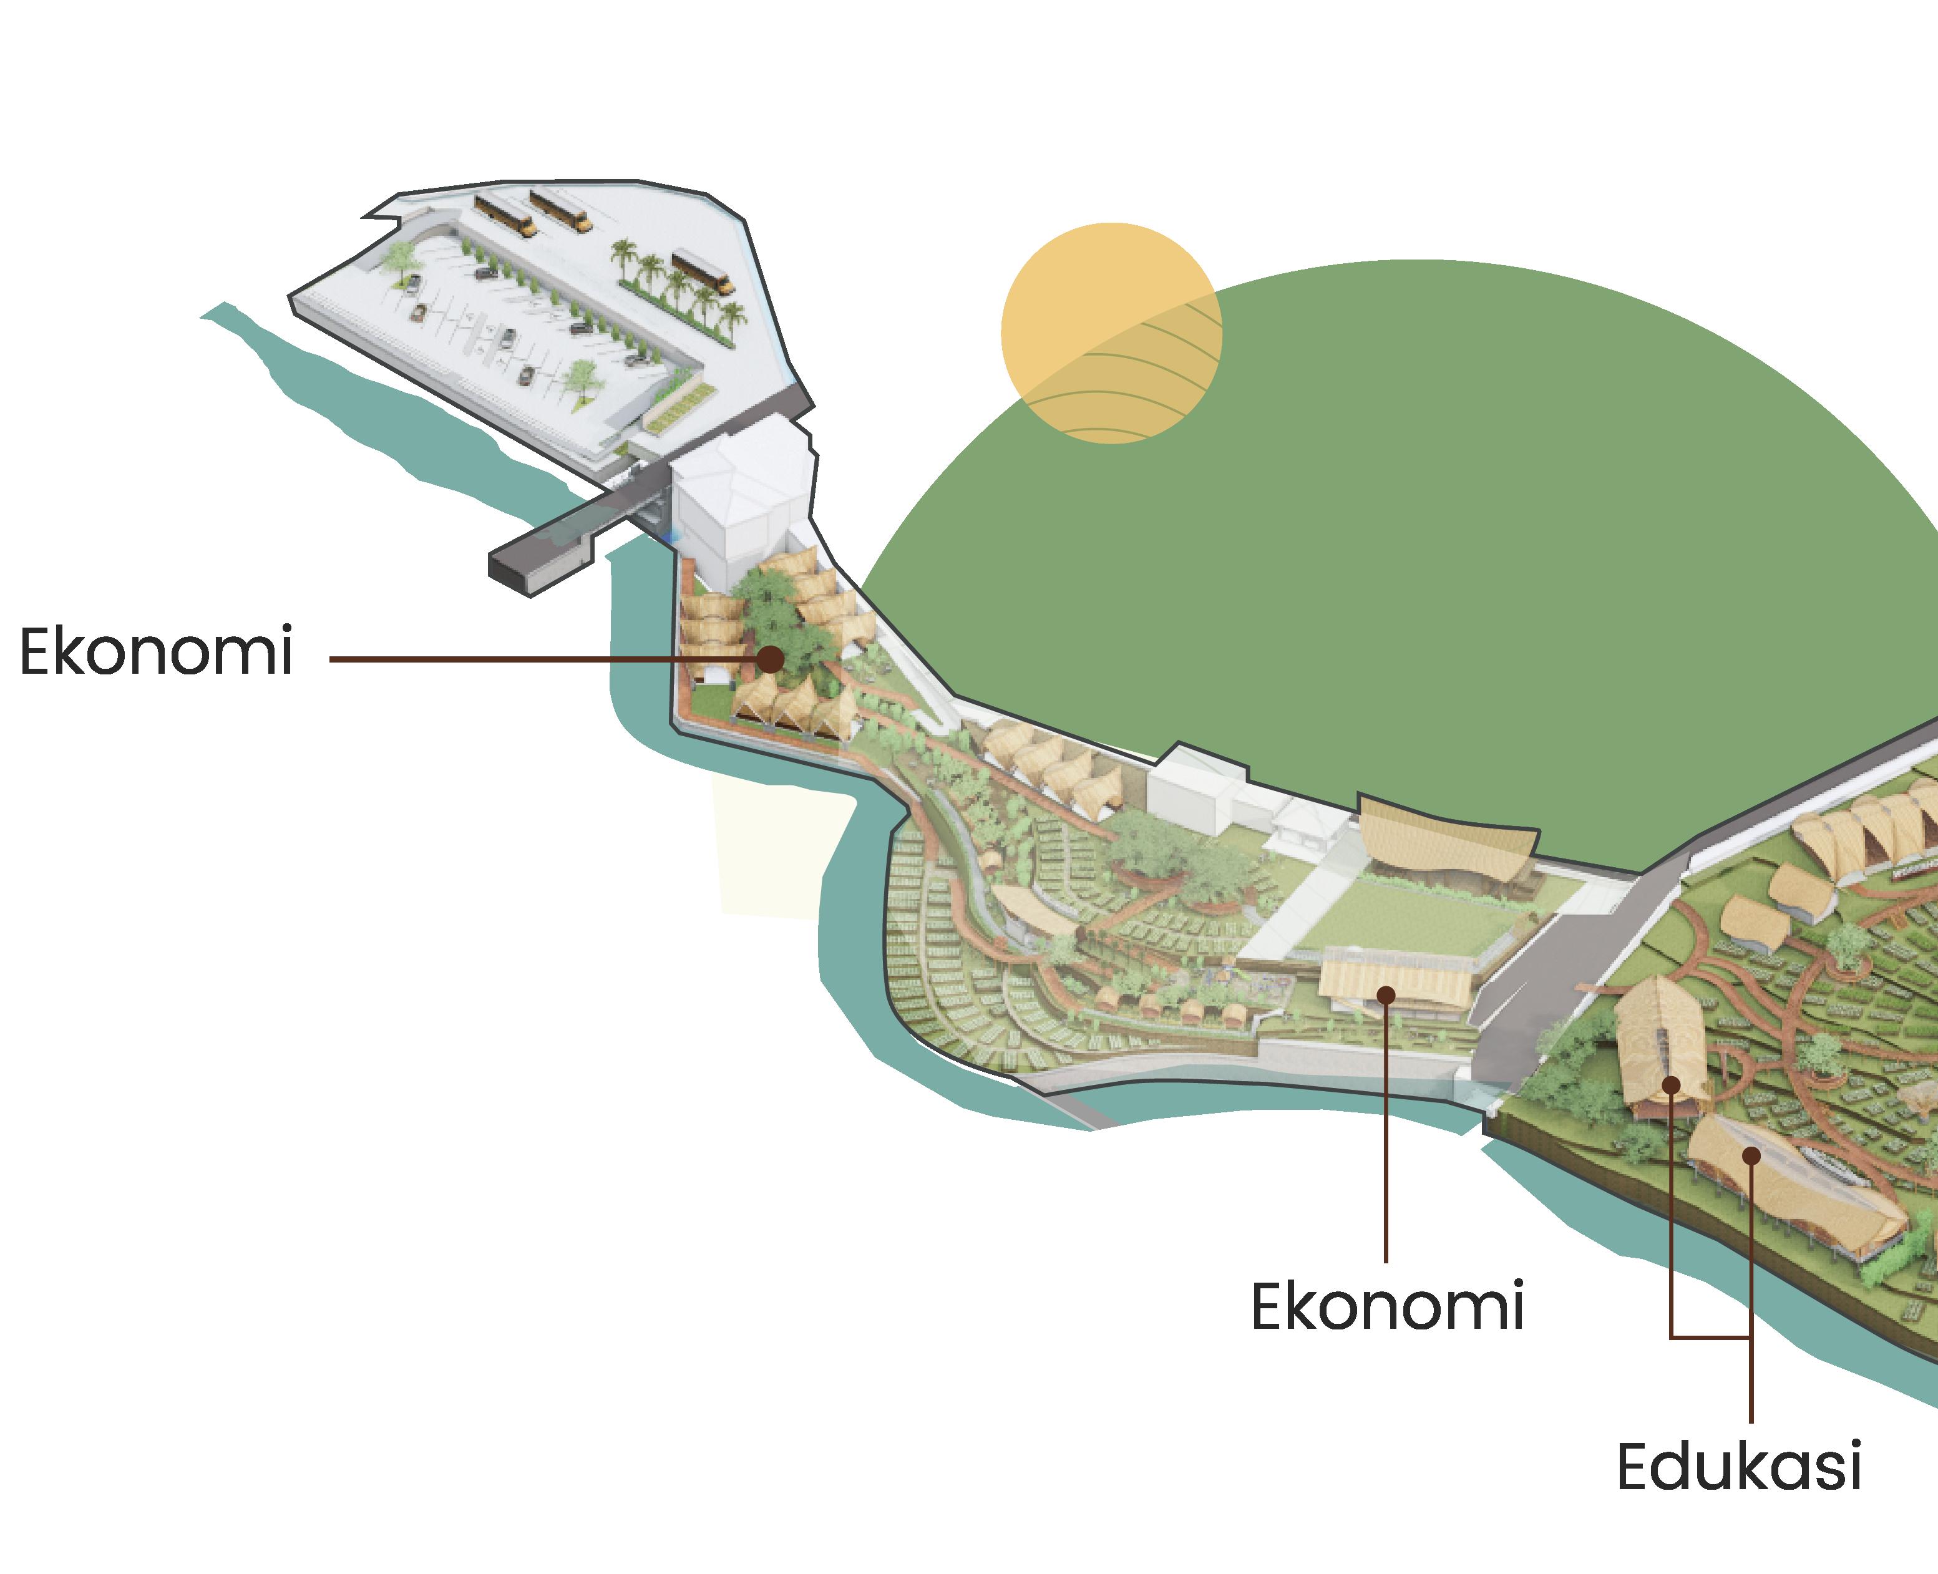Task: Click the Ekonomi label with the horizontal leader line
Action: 156,651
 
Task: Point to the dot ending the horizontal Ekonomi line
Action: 770,659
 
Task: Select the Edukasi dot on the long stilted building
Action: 1752,1155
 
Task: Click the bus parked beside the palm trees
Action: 702,272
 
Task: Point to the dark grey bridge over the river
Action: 562,544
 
